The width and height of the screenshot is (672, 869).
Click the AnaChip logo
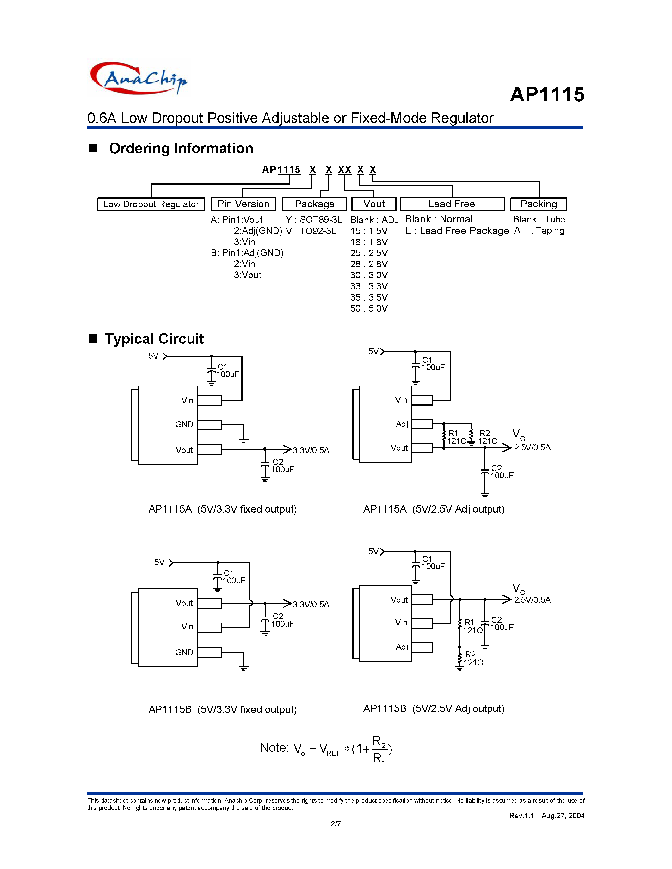pos(139,78)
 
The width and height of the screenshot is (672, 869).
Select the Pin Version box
pos(243,204)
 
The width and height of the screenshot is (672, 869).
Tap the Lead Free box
pos(452,204)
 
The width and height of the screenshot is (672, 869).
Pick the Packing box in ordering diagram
pos(538,204)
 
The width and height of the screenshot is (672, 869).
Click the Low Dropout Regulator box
pos(151,204)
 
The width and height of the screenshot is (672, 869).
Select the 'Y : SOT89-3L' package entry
pos(314,220)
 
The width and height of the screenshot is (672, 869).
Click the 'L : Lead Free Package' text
pos(457,231)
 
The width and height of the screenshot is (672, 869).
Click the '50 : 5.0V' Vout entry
pos(369,308)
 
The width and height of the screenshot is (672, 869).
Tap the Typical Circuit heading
pos(154,339)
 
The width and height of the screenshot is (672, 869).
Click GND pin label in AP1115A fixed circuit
pos(184,425)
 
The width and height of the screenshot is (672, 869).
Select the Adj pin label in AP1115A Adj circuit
pos(402,424)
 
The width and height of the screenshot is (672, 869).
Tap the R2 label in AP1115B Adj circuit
pos(470,654)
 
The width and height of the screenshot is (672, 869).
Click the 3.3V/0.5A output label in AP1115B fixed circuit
pos(311,605)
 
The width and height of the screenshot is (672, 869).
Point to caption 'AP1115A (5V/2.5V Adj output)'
pos(434,509)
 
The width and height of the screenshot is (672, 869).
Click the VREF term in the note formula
pos(330,750)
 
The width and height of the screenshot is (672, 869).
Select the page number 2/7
pos(336,823)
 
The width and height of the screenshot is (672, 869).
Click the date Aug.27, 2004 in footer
pos(563,815)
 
